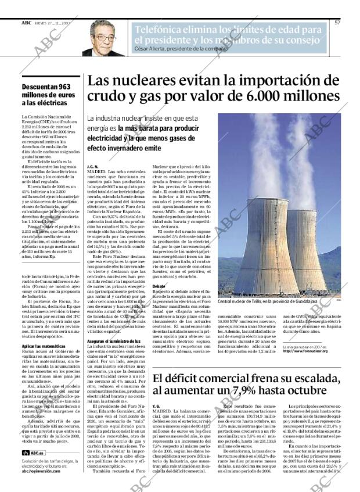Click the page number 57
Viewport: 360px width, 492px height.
tap(337, 22)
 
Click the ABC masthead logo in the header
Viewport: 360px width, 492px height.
tap(26, 22)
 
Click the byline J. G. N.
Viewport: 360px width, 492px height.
tap(92, 166)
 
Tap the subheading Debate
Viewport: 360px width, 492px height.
tap(159, 286)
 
